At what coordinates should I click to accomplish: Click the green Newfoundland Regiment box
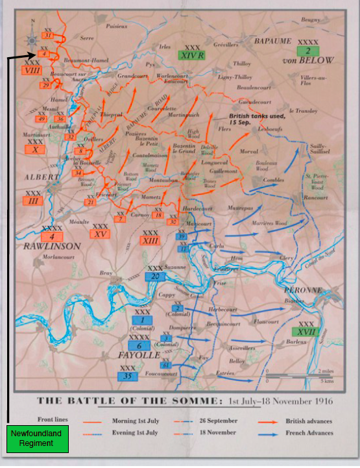[38, 439]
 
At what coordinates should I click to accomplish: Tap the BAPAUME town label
[273, 40]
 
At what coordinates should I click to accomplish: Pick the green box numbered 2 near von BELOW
[308, 51]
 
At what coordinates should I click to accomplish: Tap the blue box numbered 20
[156, 276]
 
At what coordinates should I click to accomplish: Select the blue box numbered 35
[128, 375]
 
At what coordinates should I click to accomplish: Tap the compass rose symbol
[32, 40]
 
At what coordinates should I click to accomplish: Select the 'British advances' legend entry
[308, 421]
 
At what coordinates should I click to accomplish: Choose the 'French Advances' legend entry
[309, 433]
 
